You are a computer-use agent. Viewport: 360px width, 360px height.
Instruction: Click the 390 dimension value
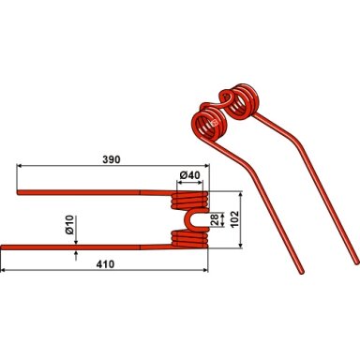pyautogui.click(x=112, y=159)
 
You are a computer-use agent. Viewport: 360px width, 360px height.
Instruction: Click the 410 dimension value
pyautogui.click(x=105, y=264)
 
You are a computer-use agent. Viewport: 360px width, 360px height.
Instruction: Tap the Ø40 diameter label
pyautogui.click(x=189, y=175)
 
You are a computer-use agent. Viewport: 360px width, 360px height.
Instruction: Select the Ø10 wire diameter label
pyautogui.click(x=69, y=225)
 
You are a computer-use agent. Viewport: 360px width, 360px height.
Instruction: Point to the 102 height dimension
pyautogui.click(x=234, y=219)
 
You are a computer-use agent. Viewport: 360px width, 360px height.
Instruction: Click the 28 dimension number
pyautogui.click(x=215, y=219)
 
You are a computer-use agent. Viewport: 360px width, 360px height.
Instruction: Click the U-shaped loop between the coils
pyautogui.click(x=191, y=219)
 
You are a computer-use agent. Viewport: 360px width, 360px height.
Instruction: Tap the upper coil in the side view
pyautogui.click(x=189, y=201)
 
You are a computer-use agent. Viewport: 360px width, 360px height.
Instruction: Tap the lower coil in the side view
pyautogui.click(x=189, y=240)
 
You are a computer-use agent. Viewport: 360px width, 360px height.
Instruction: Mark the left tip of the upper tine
pyautogui.click(x=18, y=192)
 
